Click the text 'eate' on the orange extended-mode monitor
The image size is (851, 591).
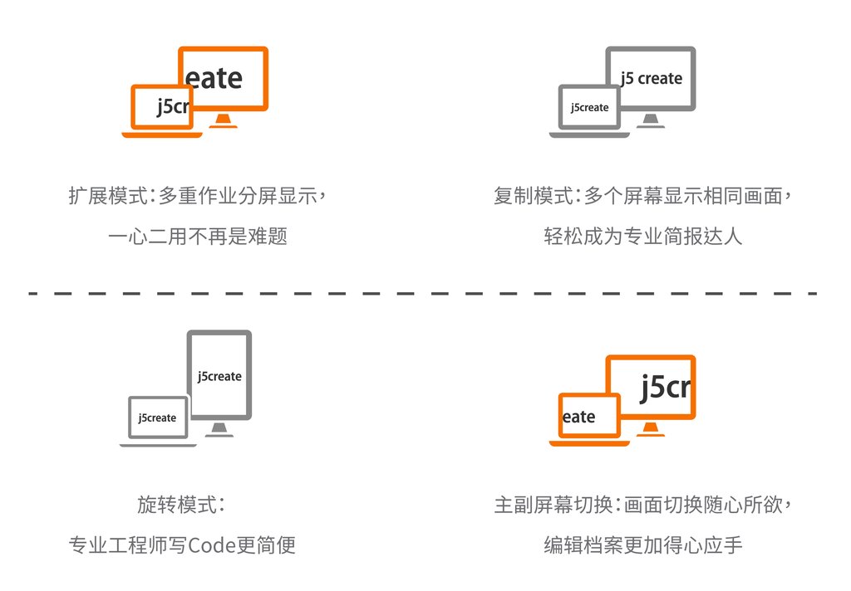(x=214, y=79)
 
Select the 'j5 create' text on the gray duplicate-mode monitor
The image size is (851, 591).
(x=652, y=79)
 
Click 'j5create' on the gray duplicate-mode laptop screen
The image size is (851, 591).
(x=589, y=107)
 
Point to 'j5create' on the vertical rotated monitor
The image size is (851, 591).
(x=219, y=376)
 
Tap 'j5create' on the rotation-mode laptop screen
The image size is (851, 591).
(x=157, y=418)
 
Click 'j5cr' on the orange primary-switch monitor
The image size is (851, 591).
(x=666, y=387)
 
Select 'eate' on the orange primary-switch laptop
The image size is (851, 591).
(x=578, y=417)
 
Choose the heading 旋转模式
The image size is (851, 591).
(x=177, y=505)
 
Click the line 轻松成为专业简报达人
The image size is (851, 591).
(x=642, y=237)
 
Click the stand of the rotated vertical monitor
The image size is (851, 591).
(x=219, y=429)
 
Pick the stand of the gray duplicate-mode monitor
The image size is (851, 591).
(x=651, y=120)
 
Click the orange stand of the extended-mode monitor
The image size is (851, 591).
(x=222, y=120)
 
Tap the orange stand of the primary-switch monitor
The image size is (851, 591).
(x=650, y=429)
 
